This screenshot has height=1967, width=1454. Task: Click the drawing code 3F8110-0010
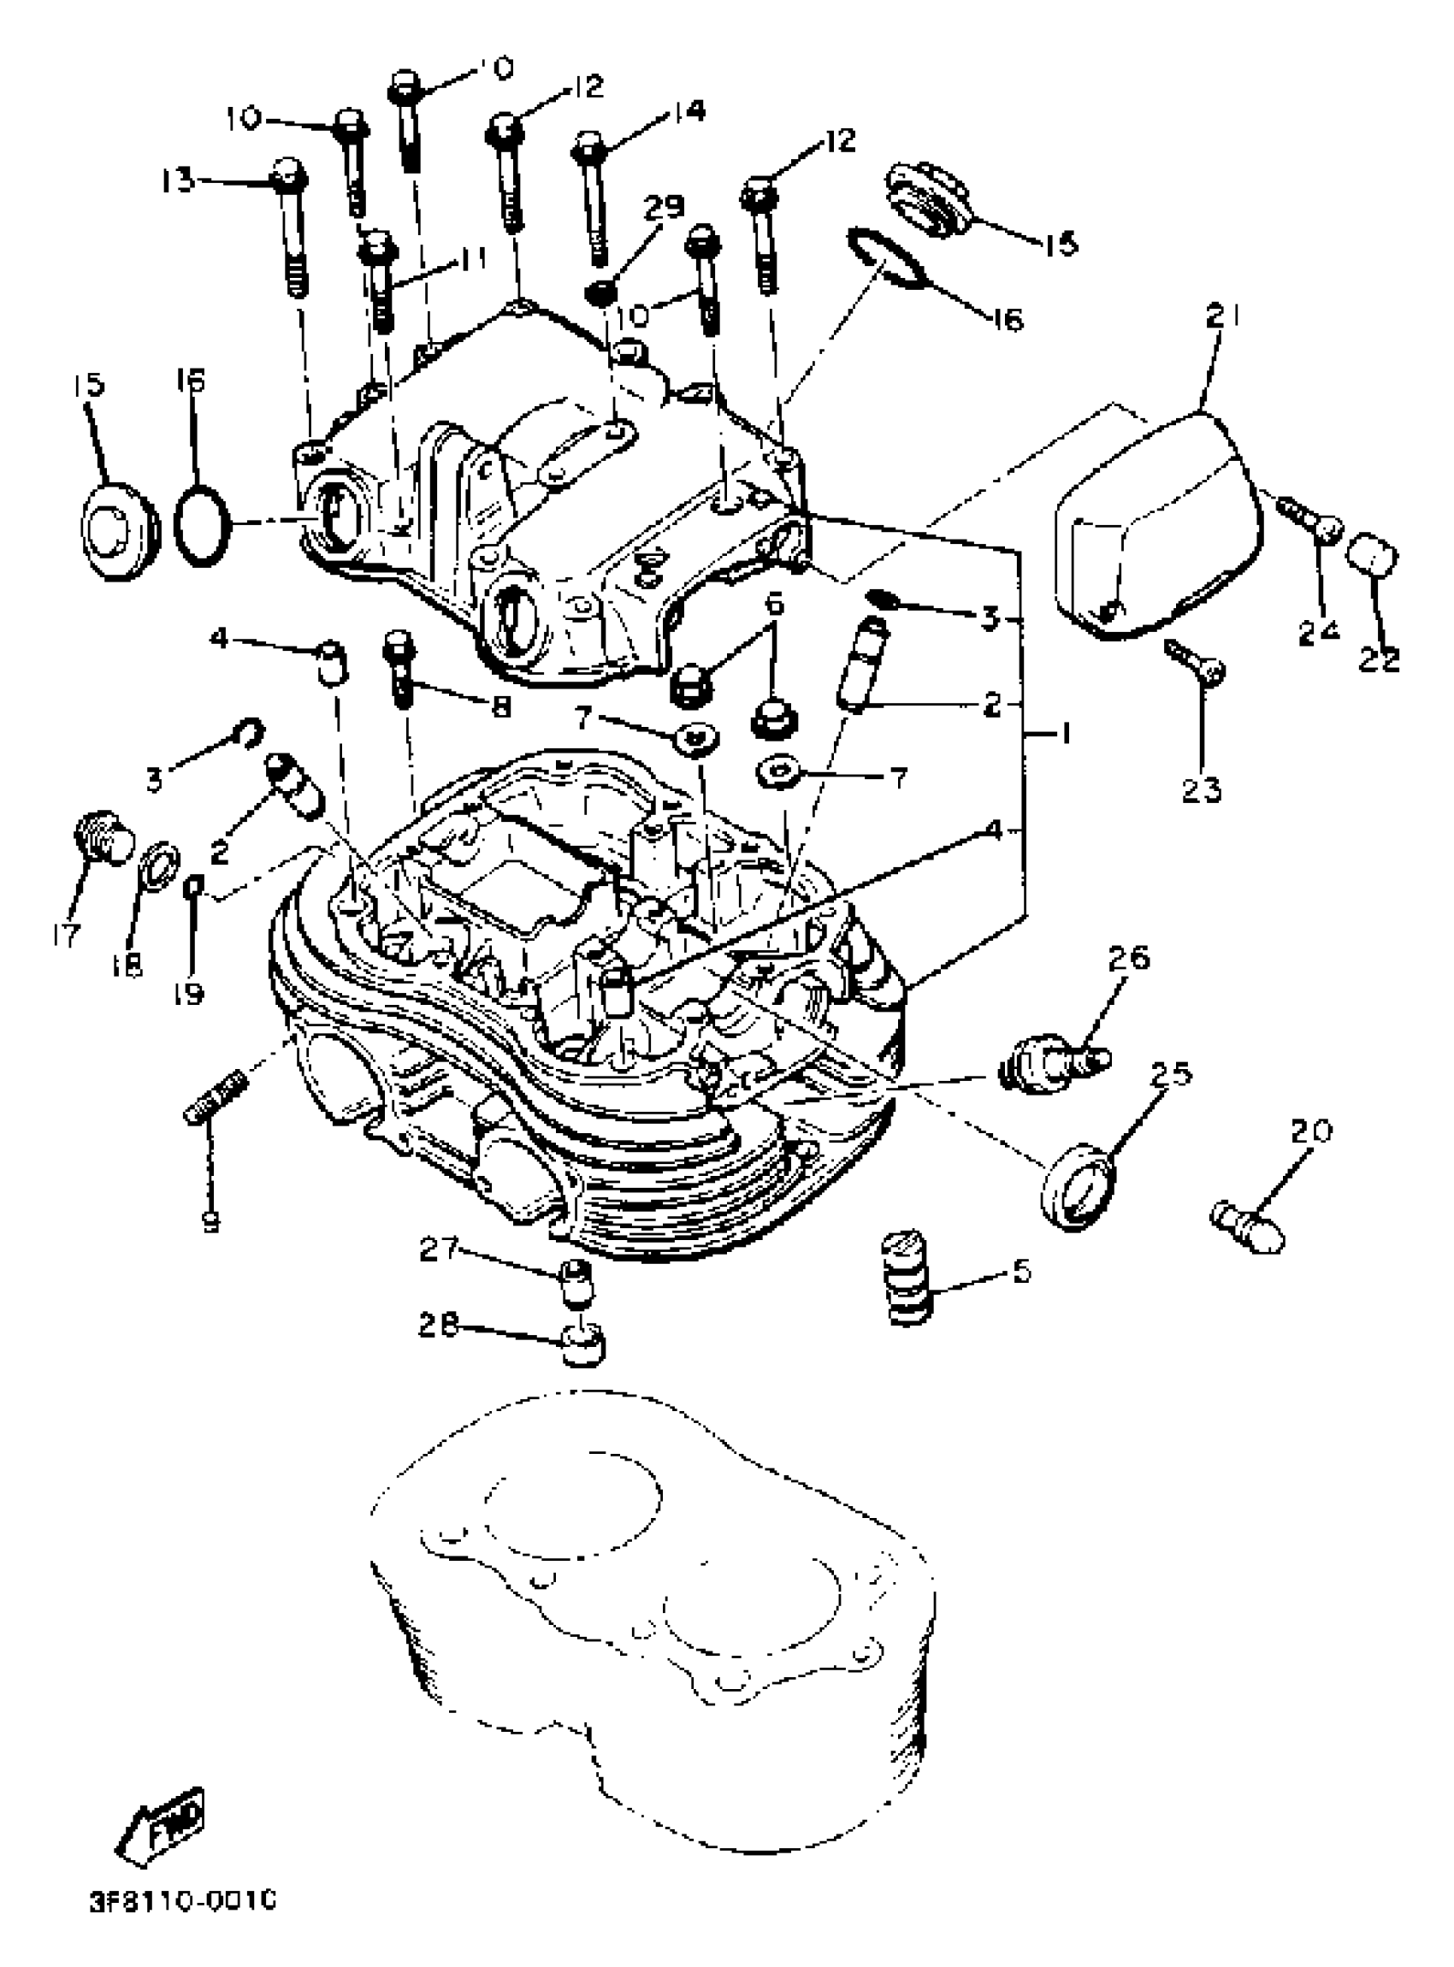(x=182, y=1901)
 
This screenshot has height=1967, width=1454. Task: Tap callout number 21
(x=1221, y=315)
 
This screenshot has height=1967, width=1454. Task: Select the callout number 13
(x=179, y=182)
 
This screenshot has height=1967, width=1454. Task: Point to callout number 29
(x=663, y=207)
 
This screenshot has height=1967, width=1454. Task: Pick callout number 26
(x=1129, y=958)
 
